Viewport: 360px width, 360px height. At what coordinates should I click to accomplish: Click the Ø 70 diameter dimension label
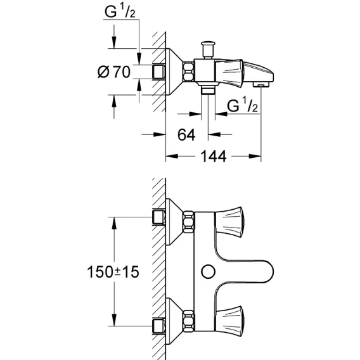pyautogui.click(x=114, y=72)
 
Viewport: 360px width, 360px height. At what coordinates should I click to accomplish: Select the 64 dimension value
pyautogui.click(x=186, y=135)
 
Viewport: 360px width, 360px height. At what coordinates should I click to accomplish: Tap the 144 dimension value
pyautogui.click(x=214, y=157)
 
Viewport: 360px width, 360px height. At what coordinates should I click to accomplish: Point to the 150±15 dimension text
pyautogui.click(x=113, y=272)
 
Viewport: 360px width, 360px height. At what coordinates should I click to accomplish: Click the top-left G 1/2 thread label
pyautogui.click(x=120, y=11)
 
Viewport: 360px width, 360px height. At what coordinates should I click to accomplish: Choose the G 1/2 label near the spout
pyautogui.click(x=243, y=105)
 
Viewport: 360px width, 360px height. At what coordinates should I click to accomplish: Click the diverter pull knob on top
pyautogui.click(x=208, y=50)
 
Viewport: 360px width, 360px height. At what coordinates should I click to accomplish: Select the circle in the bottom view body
pyautogui.click(x=208, y=272)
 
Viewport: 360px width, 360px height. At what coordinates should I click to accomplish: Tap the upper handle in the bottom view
pyautogui.click(x=229, y=222)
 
